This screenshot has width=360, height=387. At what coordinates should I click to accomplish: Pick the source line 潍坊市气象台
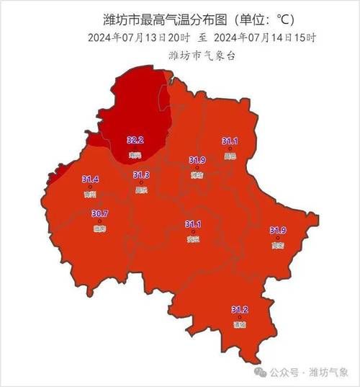coord(179,55)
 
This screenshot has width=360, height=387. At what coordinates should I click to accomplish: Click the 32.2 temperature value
coord(135,140)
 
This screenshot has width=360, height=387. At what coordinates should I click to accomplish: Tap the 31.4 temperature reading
coord(90,179)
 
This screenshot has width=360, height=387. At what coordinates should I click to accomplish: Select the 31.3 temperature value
coord(141,175)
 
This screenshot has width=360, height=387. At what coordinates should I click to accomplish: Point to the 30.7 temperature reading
coord(99,213)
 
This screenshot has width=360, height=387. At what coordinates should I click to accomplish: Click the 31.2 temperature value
coord(239,309)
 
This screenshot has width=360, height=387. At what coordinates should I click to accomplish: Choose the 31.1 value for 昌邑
coord(230,141)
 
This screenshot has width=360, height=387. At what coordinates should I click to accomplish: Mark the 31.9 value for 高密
coord(278,230)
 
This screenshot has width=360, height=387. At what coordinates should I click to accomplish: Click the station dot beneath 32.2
coord(135,148)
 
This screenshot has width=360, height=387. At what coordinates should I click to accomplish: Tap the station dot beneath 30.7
coord(99,221)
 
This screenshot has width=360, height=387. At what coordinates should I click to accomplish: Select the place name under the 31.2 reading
coord(239,324)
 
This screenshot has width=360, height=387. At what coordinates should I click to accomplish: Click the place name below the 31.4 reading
coord(90,194)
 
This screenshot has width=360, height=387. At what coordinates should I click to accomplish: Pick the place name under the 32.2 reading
coord(135,155)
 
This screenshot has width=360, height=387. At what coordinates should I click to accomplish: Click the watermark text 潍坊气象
coord(328,372)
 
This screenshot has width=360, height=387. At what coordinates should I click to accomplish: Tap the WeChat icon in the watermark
coord(261,372)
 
